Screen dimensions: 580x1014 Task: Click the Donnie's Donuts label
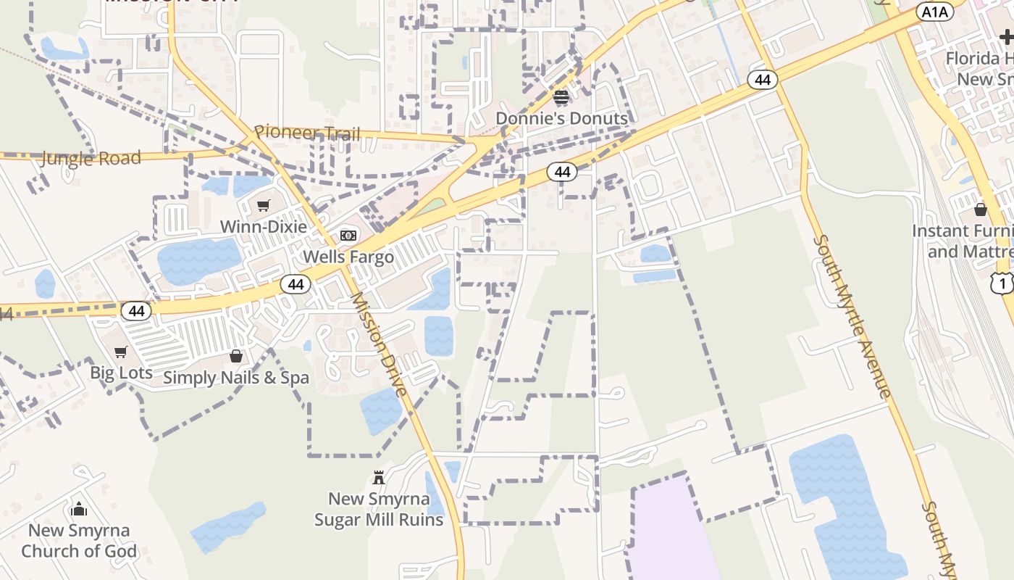(561, 118)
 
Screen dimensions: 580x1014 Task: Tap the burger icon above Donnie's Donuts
(561, 97)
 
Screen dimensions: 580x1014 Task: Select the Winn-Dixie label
(263, 226)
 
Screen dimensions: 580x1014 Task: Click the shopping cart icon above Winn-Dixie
(263, 206)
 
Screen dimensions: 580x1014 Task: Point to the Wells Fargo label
(348, 257)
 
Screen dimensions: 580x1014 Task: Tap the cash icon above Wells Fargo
(348, 236)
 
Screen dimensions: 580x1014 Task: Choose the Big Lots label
(121, 373)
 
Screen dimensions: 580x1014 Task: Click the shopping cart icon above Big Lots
(121, 352)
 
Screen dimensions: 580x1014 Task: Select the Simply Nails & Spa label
(236, 377)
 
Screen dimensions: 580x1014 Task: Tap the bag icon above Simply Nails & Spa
(236, 356)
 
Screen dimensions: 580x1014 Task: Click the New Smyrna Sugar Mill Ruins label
(378, 509)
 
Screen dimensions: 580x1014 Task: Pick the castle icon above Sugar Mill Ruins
(378, 477)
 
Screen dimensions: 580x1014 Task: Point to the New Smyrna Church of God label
(79, 540)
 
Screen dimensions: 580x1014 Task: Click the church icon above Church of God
(79, 509)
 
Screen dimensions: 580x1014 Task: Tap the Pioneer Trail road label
(307, 133)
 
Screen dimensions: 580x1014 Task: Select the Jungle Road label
(91, 158)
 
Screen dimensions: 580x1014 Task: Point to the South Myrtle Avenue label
(852, 316)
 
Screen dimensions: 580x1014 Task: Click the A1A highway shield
(935, 11)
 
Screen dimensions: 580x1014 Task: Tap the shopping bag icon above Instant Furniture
(981, 210)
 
